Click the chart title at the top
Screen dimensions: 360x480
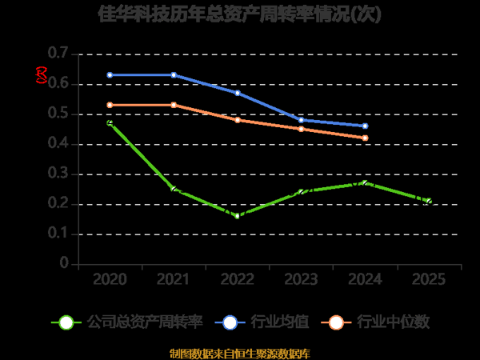[239, 14]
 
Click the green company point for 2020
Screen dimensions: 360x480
[110, 122]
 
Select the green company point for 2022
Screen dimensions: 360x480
[238, 216]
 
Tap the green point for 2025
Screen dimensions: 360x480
[429, 201]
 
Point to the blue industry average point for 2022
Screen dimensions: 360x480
[238, 93]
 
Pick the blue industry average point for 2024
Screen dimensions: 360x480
[365, 126]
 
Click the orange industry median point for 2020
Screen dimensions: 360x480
[110, 105]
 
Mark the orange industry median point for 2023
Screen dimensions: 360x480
[302, 129]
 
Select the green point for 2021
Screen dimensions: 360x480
[174, 189]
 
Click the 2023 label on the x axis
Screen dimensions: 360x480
[302, 279]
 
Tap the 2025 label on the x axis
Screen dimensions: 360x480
[429, 279]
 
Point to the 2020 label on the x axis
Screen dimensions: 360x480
[110, 279]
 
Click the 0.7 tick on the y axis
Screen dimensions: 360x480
[58, 54]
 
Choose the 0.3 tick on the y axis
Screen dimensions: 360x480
[58, 174]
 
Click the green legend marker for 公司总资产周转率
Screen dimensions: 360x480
[67, 322]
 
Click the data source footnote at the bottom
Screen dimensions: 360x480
[240, 353]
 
